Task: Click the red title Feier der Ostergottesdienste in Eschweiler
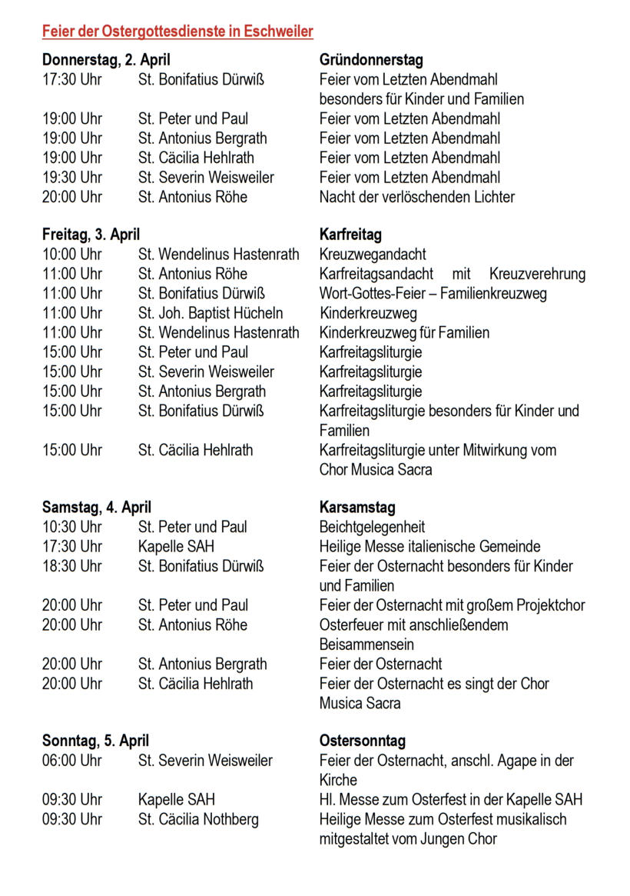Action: click(x=177, y=32)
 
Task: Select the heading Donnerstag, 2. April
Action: click(x=106, y=60)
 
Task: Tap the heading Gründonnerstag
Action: click(x=371, y=60)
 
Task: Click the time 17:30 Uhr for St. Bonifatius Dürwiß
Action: click(x=71, y=79)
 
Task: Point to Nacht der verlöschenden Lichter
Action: click(x=417, y=197)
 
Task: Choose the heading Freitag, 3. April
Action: click(x=91, y=235)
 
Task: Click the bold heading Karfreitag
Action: click(x=350, y=235)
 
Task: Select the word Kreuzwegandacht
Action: click(x=373, y=255)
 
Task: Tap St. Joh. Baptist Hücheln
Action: click(x=211, y=313)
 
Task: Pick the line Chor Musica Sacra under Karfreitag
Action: click(x=376, y=469)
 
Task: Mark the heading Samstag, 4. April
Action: click(x=97, y=508)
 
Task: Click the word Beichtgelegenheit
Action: click(x=372, y=528)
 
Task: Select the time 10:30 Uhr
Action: click(x=71, y=528)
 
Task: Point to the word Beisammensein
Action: click(x=366, y=645)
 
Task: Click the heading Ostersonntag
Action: click(x=363, y=741)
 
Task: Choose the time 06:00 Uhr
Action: click(x=71, y=761)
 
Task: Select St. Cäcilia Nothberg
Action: click(x=198, y=819)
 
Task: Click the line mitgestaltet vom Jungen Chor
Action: click(x=408, y=839)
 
